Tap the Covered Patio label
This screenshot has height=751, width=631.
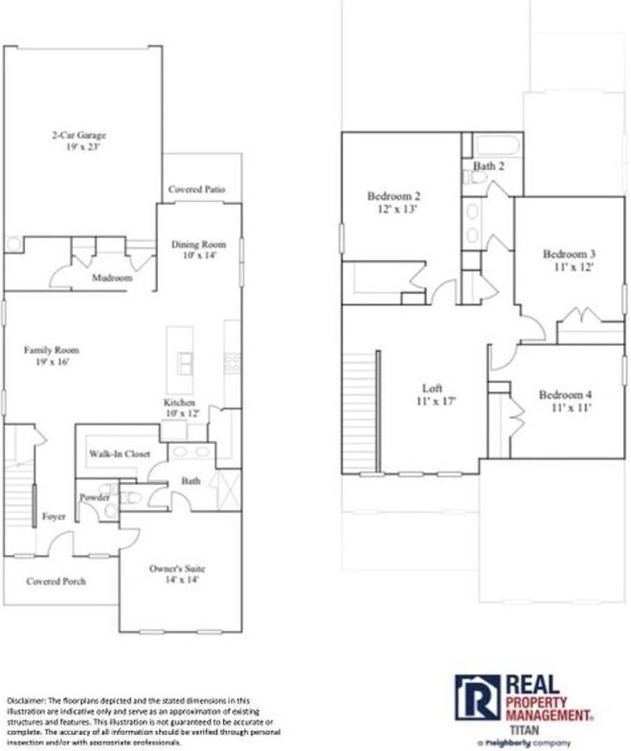click(197, 189)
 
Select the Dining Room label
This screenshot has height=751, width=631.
click(198, 245)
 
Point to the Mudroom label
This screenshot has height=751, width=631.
click(112, 277)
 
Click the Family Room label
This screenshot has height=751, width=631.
click(47, 350)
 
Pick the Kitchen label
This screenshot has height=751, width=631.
click(180, 403)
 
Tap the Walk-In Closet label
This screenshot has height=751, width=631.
click(120, 453)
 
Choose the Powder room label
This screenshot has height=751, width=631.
click(94, 497)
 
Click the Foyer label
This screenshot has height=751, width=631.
click(54, 517)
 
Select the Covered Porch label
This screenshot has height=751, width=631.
click(56, 581)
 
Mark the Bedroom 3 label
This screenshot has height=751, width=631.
click(569, 254)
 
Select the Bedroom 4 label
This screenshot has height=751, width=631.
click(565, 395)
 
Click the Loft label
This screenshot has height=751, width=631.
click(433, 388)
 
